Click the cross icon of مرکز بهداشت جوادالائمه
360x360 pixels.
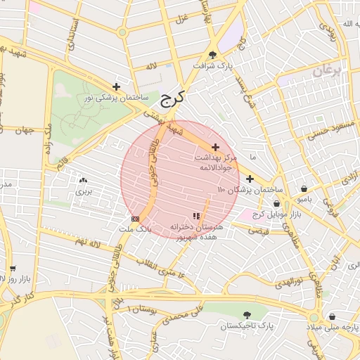tap(214, 147)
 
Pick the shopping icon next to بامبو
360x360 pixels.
tap(304, 188)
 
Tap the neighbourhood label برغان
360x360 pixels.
tap(326, 71)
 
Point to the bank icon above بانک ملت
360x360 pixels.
tap(135, 219)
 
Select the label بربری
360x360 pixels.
tap(84, 191)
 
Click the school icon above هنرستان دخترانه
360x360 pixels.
tap(195, 217)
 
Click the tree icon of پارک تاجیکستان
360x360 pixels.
tap(247, 315)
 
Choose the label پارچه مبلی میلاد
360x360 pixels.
tap(332, 328)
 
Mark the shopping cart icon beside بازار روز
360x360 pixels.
tap(13, 269)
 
